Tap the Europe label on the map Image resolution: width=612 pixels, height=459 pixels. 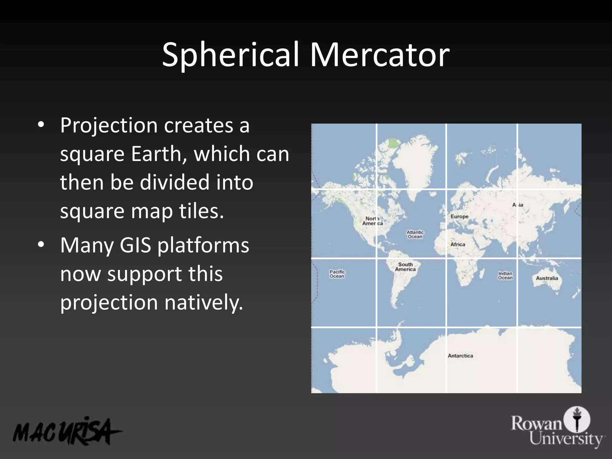459,216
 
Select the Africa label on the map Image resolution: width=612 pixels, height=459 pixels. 458,244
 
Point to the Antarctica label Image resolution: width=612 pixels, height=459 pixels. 460,356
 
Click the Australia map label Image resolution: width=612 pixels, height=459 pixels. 547,278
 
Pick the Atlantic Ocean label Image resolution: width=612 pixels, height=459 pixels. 415,234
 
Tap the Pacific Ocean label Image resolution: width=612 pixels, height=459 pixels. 337,274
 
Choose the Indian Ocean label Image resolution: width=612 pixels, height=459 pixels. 505,276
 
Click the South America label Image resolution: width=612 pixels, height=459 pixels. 405,267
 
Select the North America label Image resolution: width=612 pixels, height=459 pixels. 372,221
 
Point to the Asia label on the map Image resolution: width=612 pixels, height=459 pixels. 518,205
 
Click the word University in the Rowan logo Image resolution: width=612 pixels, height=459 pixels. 566,439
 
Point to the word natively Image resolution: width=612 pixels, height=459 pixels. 204,302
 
